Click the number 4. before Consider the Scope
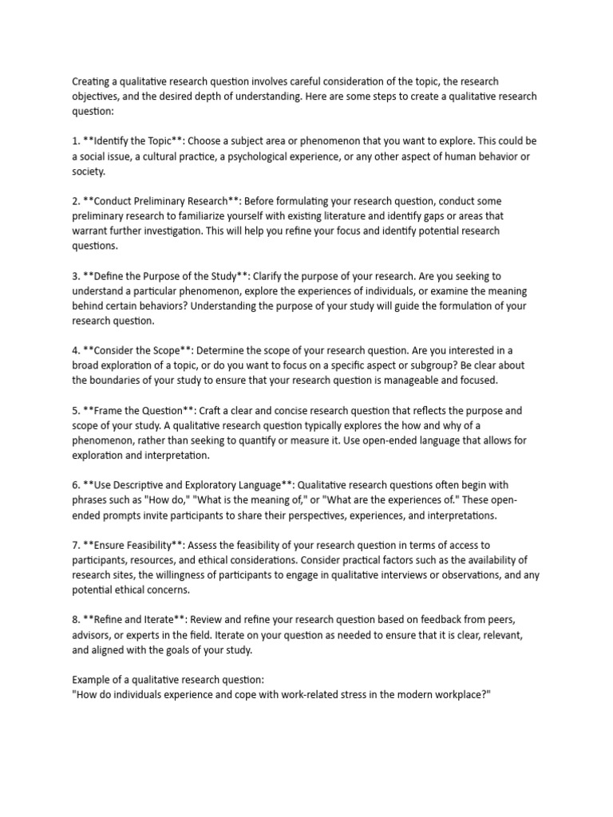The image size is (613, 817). [x=77, y=350]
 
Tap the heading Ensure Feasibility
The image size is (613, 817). [x=136, y=545]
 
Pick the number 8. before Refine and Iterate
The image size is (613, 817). [x=77, y=619]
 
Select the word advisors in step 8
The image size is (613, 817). [x=93, y=635]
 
